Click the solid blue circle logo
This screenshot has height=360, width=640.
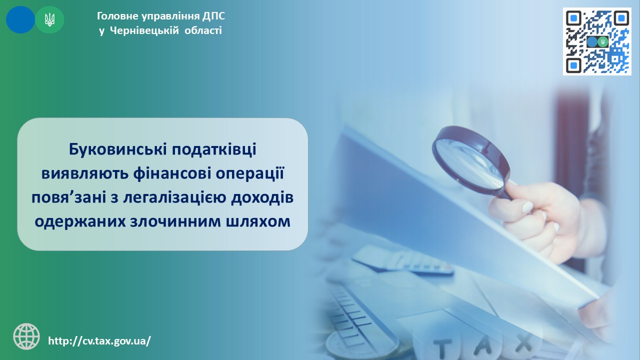coord(20,19)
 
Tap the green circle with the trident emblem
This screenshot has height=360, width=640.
coord(49,19)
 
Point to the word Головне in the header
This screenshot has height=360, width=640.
coord(117,16)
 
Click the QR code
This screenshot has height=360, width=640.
coord(597,41)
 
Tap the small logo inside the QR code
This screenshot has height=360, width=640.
coord(597,42)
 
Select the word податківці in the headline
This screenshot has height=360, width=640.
coord(213,150)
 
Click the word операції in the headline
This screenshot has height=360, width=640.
coord(249,173)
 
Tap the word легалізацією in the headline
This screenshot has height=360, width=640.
coord(175,197)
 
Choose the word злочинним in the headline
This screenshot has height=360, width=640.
coord(175,221)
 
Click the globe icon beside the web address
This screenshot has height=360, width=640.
coord(26,336)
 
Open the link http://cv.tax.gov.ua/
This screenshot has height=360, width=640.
coord(99,341)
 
